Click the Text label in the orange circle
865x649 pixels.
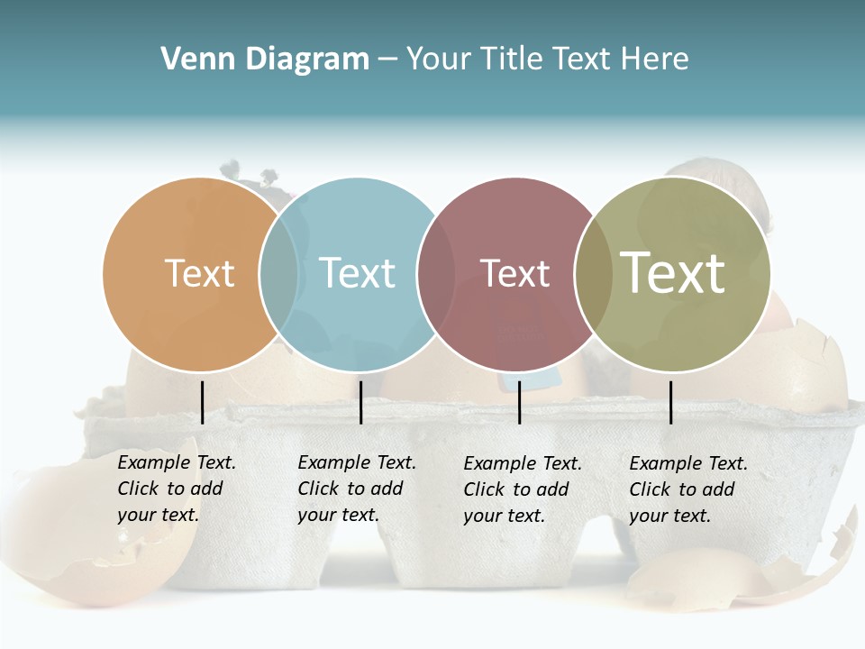[199, 273]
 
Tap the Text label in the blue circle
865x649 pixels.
[358, 273]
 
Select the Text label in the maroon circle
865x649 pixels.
[514, 273]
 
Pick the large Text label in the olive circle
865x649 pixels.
[673, 273]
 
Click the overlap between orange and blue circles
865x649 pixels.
[278, 274]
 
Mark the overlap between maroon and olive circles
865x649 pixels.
[594, 274]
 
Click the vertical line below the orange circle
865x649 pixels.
[202, 402]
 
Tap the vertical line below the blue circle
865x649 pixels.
[360, 402]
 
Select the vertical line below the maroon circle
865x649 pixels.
[519, 402]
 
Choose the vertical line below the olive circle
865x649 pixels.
[670, 402]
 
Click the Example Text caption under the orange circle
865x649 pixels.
[176, 489]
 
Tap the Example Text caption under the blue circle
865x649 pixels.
[356, 489]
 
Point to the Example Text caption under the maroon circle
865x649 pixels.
[522, 489]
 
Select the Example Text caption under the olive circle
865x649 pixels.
[687, 489]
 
